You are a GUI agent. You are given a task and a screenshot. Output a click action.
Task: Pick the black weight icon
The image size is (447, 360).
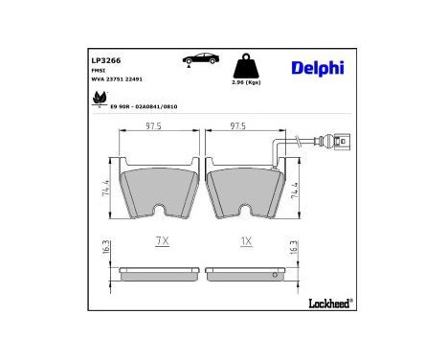(x=248, y=66)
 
